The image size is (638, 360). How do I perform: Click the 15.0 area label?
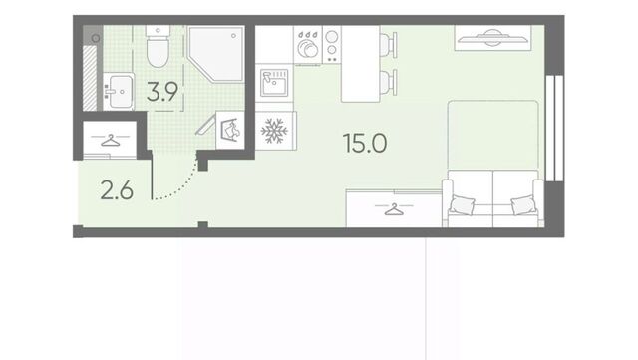pyautogui.click(x=365, y=143)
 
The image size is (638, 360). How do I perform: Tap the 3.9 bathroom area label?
pyautogui.click(x=161, y=91)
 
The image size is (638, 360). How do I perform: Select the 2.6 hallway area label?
pyautogui.click(x=117, y=190)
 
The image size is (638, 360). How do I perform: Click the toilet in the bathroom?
pyautogui.click(x=158, y=46)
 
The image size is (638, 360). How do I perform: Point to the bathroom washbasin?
pyautogui.click(x=119, y=92)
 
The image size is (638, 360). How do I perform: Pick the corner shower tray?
pyautogui.click(x=215, y=53)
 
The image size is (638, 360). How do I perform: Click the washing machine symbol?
pyautogui.click(x=230, y=130)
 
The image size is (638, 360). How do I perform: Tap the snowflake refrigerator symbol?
pyautogui.click(x=274, y=131)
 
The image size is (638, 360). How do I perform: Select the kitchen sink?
pyautogui.click(x=274, y=83)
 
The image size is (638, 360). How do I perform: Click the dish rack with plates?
pyautogui.click(x=308, y=45)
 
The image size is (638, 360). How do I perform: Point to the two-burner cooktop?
pyautogui.click(x=332, y=45)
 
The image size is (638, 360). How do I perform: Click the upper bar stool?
pyautogui.click(x=388, y=43)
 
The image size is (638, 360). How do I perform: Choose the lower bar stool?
pyautogui.click(x=388, y=82)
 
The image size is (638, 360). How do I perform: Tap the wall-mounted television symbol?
pyautogui.click(x=492, y=38)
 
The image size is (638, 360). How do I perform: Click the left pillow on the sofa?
pyautogui.click(x=463, y=204)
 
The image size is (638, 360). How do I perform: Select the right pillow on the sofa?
pyautogui.click(x=523, y=204)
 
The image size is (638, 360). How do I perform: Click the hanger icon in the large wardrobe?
pyautogui.click(x=394, y=209)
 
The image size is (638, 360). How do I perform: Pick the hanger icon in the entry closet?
pyautogui.click(x=110, y=140)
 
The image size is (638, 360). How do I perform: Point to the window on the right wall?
pyautogui.click(x=554, y=128)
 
